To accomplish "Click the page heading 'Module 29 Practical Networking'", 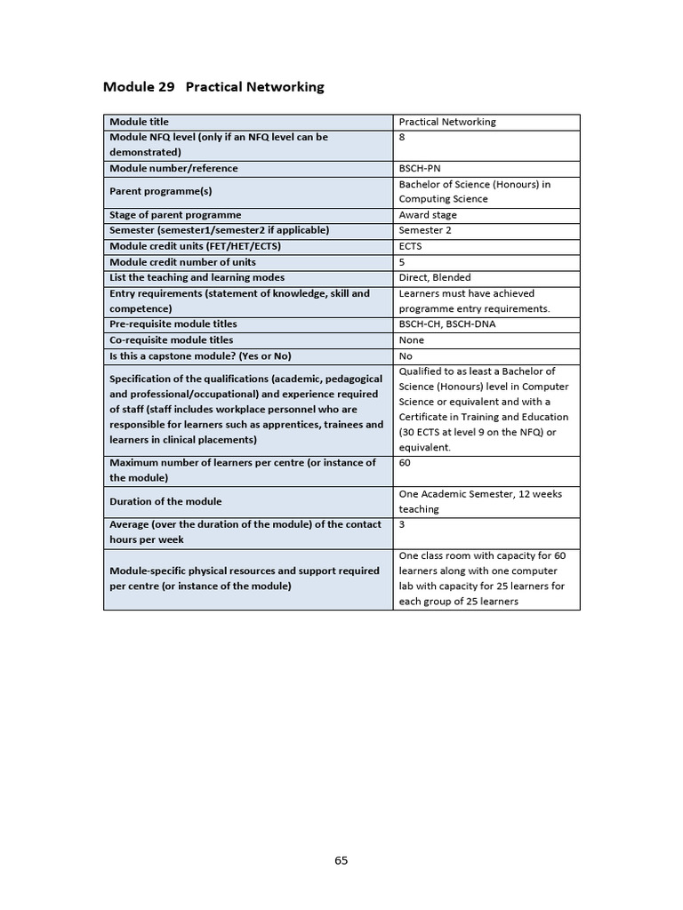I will [213, 87].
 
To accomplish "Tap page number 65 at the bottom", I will [341, 860].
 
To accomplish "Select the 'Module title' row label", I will [139, 122].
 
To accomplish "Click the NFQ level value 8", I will [403, 138].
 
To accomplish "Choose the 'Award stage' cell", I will [428, 215].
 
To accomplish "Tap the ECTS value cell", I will [411, 246].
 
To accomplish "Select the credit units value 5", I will [403, 262].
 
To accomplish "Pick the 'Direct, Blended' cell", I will [435, 277].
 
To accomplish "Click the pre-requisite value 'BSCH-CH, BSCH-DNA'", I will [447, 324].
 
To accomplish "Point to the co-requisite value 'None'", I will [412, 340].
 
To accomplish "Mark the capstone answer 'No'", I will [406, 356].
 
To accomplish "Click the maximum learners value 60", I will [406, 463].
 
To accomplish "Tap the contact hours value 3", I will [403, 525].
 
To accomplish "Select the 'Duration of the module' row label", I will [166, 501].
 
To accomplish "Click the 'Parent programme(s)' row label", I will [160, 191].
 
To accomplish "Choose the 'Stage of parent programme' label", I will [175, 215].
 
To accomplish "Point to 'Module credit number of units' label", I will [182, 262].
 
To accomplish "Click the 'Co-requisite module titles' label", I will [172, 340].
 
